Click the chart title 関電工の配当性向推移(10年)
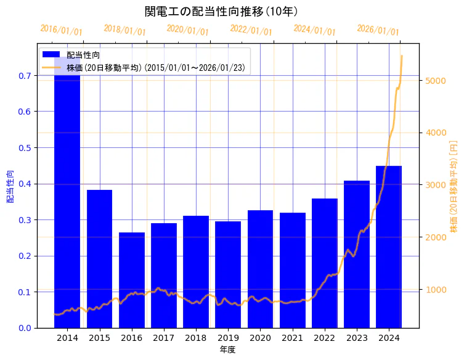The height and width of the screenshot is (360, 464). pos(222,11)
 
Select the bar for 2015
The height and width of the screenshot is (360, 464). pos(99,259)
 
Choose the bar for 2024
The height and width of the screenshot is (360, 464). pos(389,247)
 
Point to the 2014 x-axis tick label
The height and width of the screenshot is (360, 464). pos(67,338)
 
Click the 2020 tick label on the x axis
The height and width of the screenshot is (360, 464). pos(260,338)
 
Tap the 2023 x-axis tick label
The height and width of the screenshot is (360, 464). pos(357,338)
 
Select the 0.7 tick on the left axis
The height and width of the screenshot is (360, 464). pos(25,76)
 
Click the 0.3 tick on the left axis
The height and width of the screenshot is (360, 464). pos(25,220)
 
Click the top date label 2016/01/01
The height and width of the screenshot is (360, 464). pos(61,30)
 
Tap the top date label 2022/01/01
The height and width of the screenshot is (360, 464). pos(251,30)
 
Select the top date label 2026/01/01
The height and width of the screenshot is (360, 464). pos(378,30)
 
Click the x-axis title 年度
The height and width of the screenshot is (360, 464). pos(228,350)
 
